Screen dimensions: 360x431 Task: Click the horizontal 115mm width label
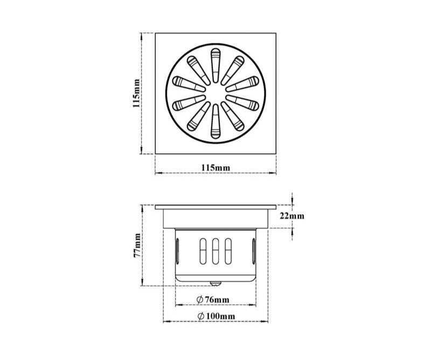point(215,168)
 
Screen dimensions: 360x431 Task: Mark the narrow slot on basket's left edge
point(178,252)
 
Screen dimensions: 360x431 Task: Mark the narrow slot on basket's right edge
point(254,252)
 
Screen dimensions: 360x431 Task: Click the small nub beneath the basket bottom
point(216,282)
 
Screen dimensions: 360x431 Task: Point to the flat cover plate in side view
point(215,207)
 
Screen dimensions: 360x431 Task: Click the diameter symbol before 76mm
point(199,300)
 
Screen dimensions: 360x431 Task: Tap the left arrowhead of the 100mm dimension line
point(166,321)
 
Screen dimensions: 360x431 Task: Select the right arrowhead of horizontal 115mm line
point(274,173)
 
